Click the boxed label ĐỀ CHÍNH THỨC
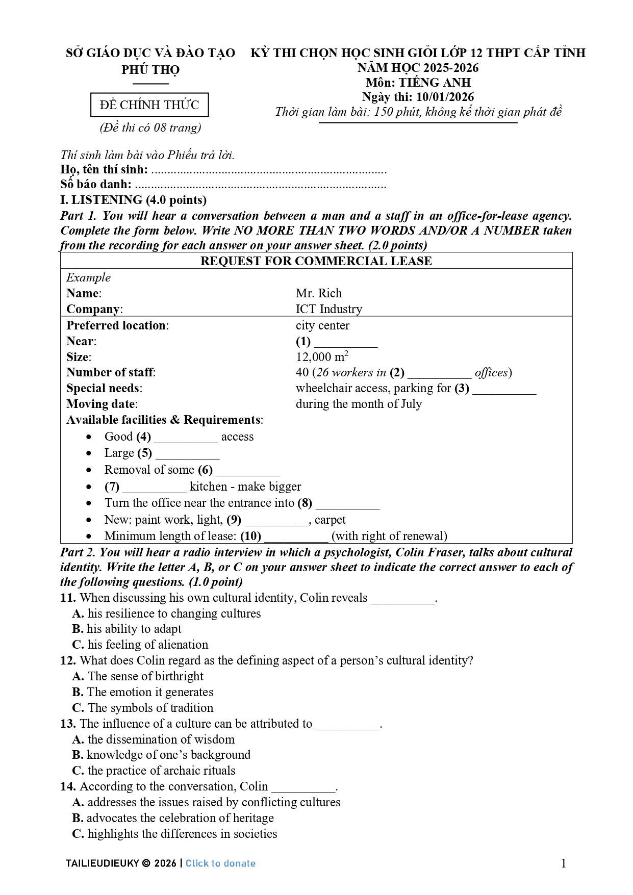(x=149, y=105)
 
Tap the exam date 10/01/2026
(x=445, y=97)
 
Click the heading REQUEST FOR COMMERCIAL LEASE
(x=316, y=261)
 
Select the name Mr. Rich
(x=319, y=293)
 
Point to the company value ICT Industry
(x=329, y=309)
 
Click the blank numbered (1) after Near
(x=345, y=342)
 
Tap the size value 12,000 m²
(x=322, y=356)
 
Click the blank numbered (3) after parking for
(x=504, y=389)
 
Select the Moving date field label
(x=102, y=404)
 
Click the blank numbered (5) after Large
(x=187, y=454)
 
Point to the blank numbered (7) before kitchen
(x=154, y=487)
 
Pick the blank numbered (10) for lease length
(x=296, y=536)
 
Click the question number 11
(x=68, y=598)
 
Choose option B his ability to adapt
(x=127, y=629)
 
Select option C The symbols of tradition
(x=143, y=708)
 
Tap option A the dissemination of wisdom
(x=154, y=739)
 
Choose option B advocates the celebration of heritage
(x=173, y=818)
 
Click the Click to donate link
(x=220, y=863)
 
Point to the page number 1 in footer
(x=564, y=863)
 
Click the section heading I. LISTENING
(x=133, y=200)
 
